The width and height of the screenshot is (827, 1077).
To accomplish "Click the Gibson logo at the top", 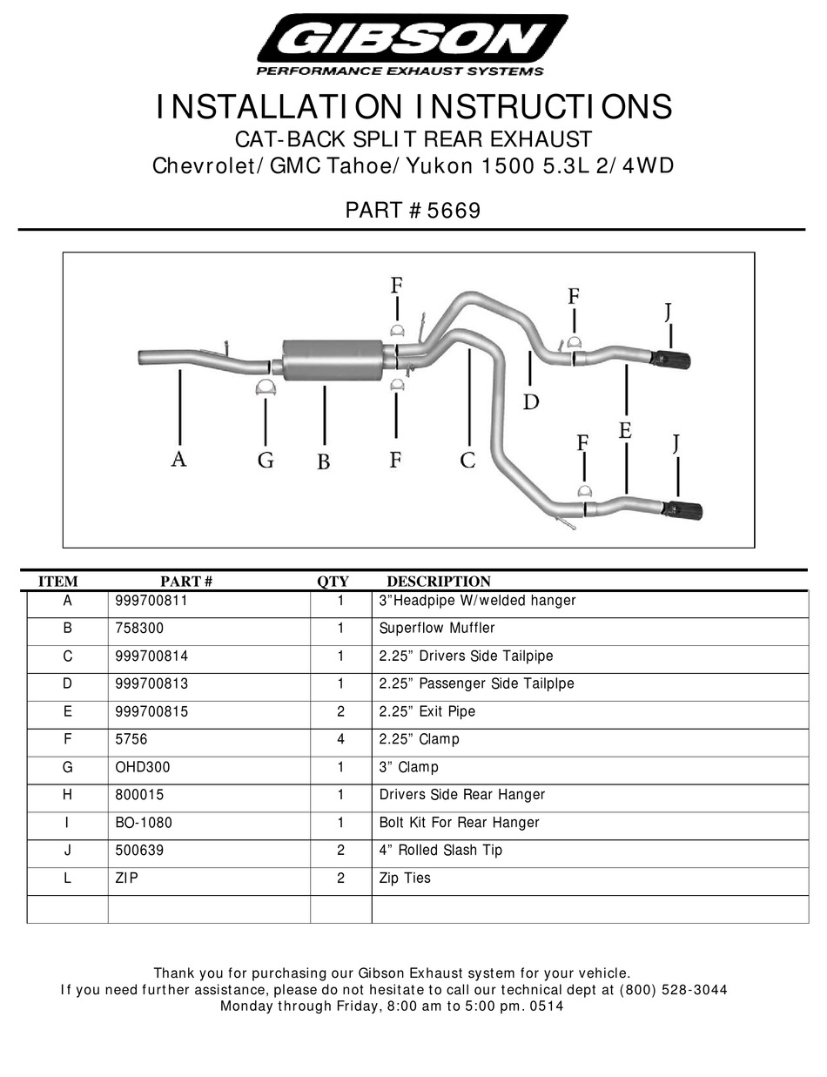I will pos(413,44).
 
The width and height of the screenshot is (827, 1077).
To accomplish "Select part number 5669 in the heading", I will pos(453,211).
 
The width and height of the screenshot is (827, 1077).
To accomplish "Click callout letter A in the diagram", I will pos(178,459).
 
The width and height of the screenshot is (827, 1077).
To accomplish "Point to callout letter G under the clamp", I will pos(266,460).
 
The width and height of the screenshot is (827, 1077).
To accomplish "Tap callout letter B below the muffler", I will pos(324,461).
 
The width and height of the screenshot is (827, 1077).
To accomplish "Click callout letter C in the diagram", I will pos(467,460).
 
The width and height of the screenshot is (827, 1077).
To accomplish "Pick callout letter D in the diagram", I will pos(531,401).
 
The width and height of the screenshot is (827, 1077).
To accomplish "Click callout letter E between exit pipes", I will pos(625,430).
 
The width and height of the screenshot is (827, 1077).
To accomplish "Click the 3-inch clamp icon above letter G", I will pos(266,388).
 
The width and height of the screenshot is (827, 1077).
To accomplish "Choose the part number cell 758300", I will pos(139,628).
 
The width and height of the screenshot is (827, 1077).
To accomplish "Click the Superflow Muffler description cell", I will pos(437,628).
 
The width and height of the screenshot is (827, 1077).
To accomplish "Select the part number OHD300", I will pos(143,767).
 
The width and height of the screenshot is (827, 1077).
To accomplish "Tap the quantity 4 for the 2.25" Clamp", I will pos(341,739).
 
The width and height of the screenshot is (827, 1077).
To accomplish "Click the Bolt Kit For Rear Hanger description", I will pos(460,823).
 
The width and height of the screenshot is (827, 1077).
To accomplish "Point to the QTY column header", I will pos(333,581).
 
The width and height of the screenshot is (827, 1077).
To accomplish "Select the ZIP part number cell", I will pos(127,878).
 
